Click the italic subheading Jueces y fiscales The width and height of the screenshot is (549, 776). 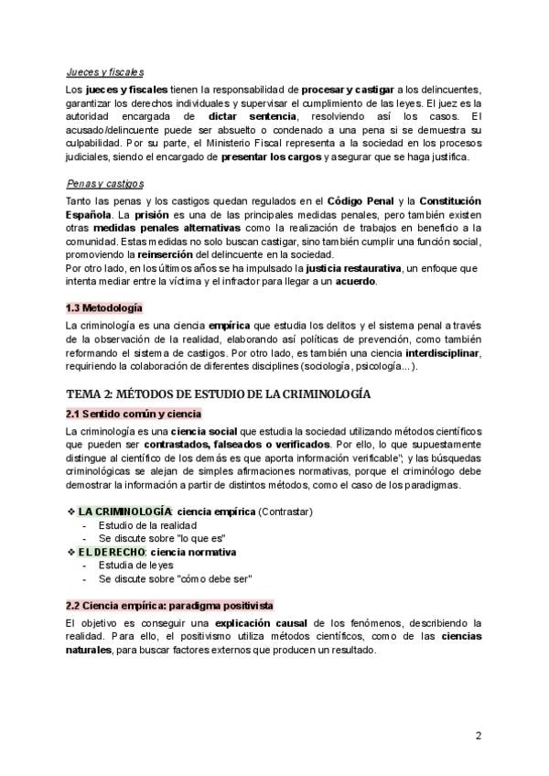(x=104, y=72)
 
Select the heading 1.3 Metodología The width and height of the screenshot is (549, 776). (x=104, y=307)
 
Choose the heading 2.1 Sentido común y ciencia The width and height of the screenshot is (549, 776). (x=134, y=414)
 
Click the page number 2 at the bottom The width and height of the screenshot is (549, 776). (x=479, y=736)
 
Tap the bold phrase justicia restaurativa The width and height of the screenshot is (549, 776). (x=357, y=267)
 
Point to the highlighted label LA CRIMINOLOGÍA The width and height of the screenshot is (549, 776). (x=124, y=510)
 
